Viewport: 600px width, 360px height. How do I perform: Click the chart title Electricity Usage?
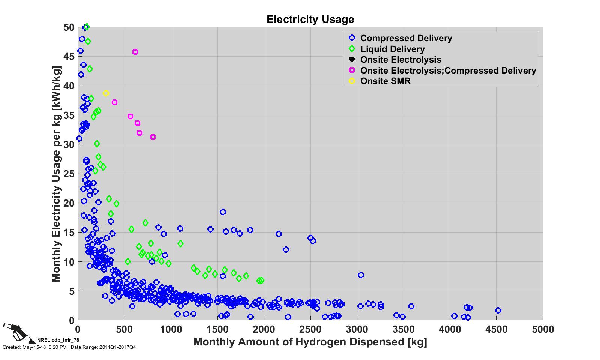click(310, 19)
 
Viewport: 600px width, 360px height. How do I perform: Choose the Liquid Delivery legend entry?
click(392, 49)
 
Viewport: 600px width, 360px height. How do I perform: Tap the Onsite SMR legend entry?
click(385, 81)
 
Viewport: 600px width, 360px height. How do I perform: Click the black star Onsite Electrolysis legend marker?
click(352, 60)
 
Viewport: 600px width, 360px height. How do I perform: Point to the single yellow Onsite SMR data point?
click(106, 93)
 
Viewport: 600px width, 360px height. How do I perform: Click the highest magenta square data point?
click(135, 52)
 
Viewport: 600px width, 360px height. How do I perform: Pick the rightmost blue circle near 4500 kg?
click(498, 310)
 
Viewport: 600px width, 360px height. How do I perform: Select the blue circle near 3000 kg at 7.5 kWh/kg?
click(361, 275)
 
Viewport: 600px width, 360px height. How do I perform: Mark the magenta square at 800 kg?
click(153, 137)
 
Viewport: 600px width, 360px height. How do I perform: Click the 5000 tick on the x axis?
click(543, 330)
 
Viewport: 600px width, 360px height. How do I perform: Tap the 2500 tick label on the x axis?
click(310, 330)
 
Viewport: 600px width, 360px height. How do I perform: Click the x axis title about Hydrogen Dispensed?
click(310, 342)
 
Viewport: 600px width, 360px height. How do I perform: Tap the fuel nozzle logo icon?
click(15, 331)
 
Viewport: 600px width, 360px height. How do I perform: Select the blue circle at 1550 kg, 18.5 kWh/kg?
click(223, 212)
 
